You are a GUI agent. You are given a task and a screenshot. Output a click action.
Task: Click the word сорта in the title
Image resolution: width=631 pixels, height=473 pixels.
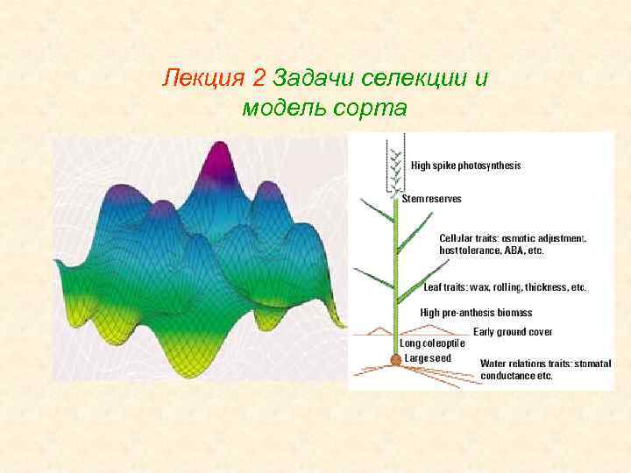pyautogui.click(x=370, y=109)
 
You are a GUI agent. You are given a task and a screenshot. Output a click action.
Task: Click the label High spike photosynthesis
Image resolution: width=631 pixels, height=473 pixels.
pyautogui.click(x=465, y=165)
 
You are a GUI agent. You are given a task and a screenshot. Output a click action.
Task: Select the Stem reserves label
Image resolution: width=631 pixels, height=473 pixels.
pyautogui.click(x=431, y=199)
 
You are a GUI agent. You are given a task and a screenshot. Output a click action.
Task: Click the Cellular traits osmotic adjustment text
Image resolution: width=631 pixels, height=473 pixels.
pyautogui.click(x=512, y=237)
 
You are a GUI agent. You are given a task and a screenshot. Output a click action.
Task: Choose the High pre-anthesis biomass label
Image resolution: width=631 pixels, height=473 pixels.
pyautogui.click(x=476, y=312)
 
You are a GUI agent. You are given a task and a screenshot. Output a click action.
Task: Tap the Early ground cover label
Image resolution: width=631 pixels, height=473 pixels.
pyautogui.click(x=513, y=332)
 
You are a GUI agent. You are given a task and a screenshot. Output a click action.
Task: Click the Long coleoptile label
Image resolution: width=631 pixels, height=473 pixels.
pyautogui.click(x=432, y=344)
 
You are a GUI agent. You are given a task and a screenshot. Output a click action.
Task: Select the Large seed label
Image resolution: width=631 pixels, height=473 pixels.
pyautogui.click(x=428, y=357)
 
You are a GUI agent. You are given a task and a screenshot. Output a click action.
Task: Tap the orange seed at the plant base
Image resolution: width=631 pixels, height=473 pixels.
pyautogui.click(x=396, y=359)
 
